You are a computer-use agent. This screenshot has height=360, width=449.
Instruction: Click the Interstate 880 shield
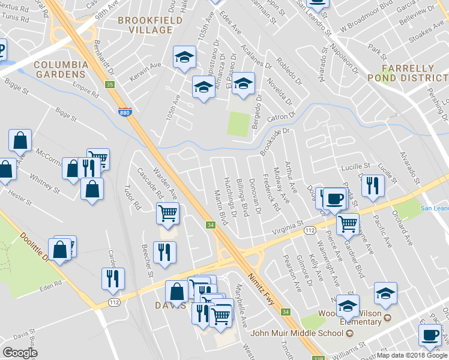(x=124, y=112)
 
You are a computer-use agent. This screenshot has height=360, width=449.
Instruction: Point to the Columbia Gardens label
(x=60, y=69)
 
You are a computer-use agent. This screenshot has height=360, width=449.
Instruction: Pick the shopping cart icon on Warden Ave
(x=168, y=212)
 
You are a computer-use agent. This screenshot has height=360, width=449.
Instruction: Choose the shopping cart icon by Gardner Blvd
(x=348, y=224)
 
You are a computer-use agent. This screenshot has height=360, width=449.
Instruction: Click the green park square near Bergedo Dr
(x=240, y=124)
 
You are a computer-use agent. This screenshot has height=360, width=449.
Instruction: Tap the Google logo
(x=20, y=353)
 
